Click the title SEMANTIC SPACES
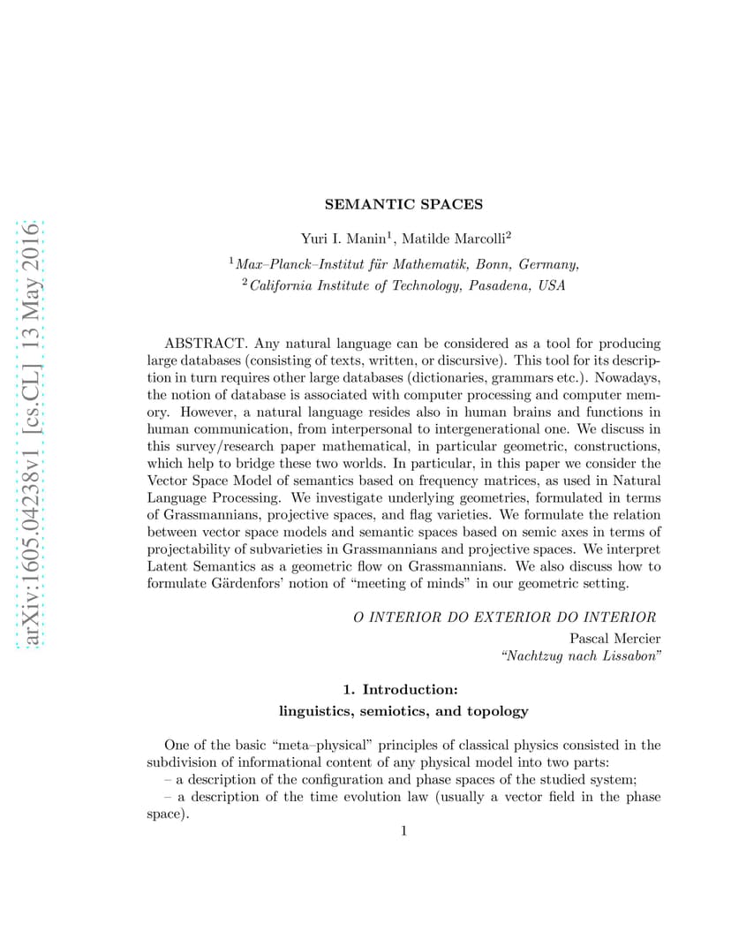(403, 204)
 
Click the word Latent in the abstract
(166, 565)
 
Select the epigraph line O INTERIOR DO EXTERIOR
(504, 617)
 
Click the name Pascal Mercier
(614, 638)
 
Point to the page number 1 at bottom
(403, 830)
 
